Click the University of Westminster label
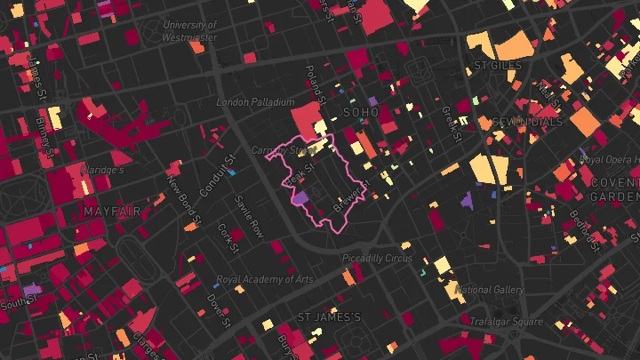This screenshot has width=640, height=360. pos(190,31)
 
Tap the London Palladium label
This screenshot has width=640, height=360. pos(255,103)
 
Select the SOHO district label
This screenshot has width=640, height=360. pos(360,113)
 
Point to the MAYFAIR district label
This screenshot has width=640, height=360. pos(113,212)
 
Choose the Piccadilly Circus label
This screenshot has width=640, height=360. pos(378,259)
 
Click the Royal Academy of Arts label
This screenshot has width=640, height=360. pos(265,279)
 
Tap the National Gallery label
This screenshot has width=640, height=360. pos(488,290)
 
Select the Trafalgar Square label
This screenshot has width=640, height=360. pos(506,322)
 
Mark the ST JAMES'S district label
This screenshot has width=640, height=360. pos(329,317)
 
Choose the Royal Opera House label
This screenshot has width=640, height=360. pos(609,160)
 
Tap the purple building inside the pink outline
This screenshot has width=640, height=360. pos(300,199)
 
